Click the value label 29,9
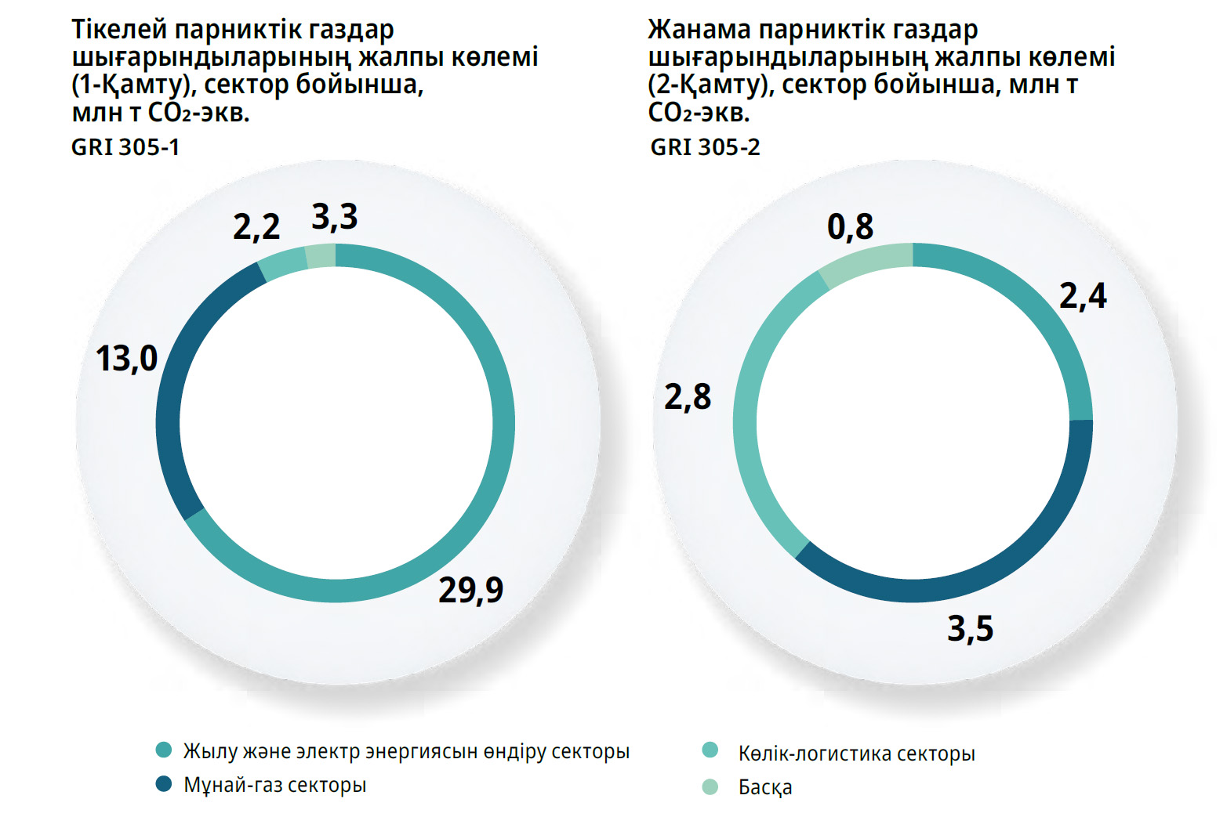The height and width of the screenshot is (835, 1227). click(470, 590)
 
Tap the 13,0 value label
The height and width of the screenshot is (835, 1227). click(126, 359)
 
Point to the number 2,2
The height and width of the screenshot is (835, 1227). click(256, 227)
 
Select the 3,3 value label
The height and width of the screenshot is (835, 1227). click(335, 217)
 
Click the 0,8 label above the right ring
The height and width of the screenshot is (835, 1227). click(850, 227)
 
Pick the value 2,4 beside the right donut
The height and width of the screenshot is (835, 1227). click(1083, 296)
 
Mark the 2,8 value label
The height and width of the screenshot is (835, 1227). click(688, 397)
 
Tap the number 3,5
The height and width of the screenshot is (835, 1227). click(971, 629)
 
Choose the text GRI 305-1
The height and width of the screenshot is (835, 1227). click(125, 147)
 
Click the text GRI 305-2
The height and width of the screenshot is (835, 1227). click(705, 147)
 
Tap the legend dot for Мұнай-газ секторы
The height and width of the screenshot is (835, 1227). click(164, 784)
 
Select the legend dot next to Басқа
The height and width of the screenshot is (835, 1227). click(710, 786)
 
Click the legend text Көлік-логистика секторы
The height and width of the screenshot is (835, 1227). click(856, 754)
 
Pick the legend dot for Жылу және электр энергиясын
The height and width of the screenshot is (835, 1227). click(164, 750)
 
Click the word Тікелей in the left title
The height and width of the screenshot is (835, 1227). click(119, 30)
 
